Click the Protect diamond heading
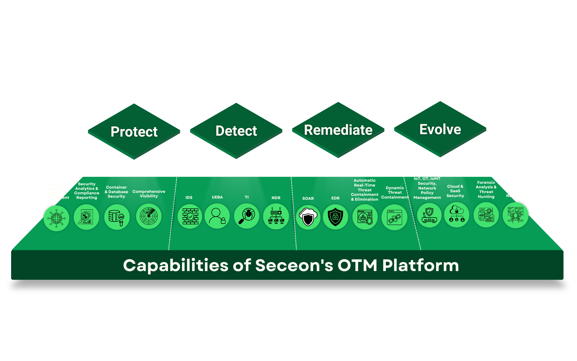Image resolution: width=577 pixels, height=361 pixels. (x=134, y=131)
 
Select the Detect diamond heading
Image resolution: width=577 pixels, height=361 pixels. (x=236, y=131)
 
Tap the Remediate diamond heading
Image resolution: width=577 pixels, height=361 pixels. (x=338, y=130)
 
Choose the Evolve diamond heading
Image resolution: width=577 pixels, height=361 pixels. (x=440, y=129)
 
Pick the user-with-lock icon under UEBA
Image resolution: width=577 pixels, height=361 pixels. (x=217, y=216)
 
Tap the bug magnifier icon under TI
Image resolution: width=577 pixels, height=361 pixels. (x=247, y=216)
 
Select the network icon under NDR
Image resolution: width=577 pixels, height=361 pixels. (x=276, y=217)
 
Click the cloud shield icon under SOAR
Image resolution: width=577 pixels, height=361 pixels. (x=308, y=217)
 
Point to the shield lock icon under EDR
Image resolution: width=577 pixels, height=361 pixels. (x=335, y=217)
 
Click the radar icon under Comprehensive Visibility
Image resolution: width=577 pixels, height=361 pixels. (x=149, y=216)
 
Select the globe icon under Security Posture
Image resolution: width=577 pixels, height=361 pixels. (x=56, y=218)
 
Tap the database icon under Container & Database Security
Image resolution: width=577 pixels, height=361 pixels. (x=117, y=217)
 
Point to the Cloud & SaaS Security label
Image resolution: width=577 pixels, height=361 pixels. (x=455, y=191)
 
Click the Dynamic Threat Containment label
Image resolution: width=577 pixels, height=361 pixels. (x=395, y=193)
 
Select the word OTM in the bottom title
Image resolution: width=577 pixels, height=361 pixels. (x=357, y=266)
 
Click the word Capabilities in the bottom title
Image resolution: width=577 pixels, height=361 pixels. (x=176, y=266)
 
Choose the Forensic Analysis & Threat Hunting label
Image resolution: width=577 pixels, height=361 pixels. (x=486, y=190)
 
